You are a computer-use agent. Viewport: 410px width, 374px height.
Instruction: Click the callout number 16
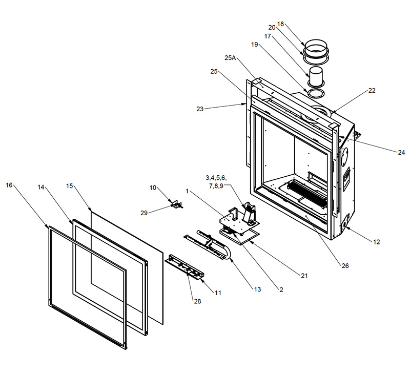9,185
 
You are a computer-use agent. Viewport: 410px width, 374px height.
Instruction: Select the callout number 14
41,188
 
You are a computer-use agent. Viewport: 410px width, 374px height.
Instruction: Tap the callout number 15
70,185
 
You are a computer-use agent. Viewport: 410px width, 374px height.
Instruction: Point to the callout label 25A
230,58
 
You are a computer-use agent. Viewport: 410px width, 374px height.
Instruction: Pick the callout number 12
377,241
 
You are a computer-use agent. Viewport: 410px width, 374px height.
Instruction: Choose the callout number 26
345,265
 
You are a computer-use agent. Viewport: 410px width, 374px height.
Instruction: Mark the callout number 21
304,276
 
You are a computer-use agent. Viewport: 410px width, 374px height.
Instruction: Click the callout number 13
257,289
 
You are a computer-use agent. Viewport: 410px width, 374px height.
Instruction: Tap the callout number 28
197,301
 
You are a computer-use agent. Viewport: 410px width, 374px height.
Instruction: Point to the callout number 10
153,188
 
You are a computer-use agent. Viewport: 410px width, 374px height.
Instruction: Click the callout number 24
401,152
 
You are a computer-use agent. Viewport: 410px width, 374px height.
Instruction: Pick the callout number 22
372,91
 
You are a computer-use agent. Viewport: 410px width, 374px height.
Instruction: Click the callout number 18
280,24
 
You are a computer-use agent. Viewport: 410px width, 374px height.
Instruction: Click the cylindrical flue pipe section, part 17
316,77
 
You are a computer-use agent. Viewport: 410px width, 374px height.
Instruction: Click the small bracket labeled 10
177,204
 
